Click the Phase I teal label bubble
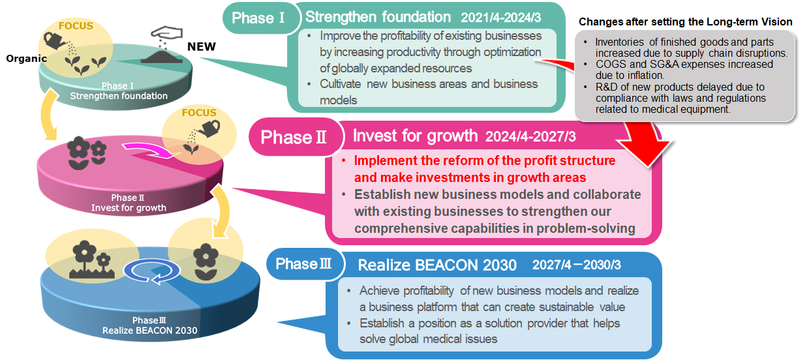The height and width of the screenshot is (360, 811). pyautogui.click(x=261, y=18)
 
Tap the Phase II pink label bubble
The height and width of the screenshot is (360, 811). pyautogui.click(x=295, y=137)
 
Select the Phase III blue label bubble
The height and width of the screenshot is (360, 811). pyautogui.click(x=305, y=263)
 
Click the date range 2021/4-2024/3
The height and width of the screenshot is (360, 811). pyautogui.click(x=500, y=18)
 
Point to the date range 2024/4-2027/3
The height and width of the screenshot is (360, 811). pyautogui.click(x=530, y=136)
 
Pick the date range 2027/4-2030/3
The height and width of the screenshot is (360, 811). pyautogui.click(x=576, y=265)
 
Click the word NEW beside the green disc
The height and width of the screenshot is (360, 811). pyautogui.click(x=202, y=47)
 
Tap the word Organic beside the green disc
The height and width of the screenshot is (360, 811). pyautogui.click(x=27, y=59)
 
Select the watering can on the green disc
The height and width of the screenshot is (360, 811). pyautogui.click(x=55, y=41)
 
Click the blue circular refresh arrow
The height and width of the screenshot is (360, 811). pyautogui.click(x=151, y=271)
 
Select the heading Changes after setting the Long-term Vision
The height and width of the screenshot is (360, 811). pyautogui.click(x=685, y=22)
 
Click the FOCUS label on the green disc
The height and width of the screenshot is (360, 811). pyautogui.click(x=76, y=26)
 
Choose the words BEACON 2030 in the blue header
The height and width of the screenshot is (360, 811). pyautogui.click(x=466, y=265)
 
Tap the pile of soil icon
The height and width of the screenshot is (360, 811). pyautogui.click(x=161, y=57)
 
